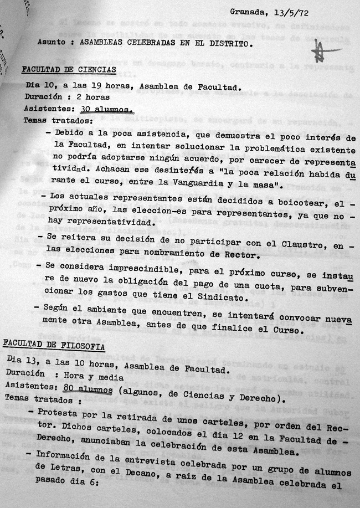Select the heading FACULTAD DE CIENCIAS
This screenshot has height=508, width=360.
pos(68,70)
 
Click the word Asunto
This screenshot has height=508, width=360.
pos(52,42)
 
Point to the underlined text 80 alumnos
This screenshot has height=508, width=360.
pos(89,387)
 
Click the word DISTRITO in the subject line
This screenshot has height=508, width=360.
pos(220,43)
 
